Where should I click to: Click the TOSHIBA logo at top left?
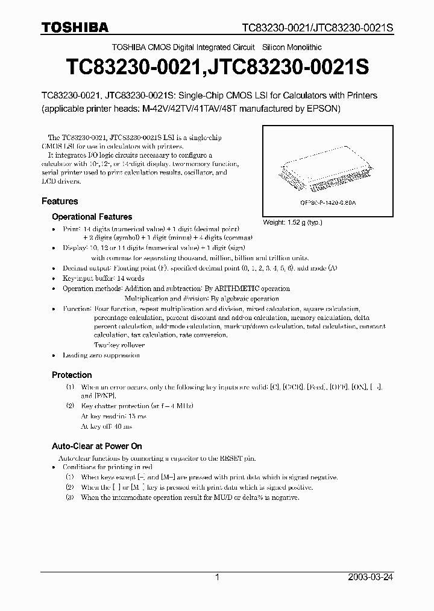point(75,27)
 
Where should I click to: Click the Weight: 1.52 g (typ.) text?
point(292,222)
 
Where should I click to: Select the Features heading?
point(60,201)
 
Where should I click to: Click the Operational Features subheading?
point(92,216)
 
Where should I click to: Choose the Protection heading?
point(72,374)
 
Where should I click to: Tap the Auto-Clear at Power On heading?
point(96,446)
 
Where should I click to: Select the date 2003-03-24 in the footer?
point(370,577)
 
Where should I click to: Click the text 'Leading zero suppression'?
point(101,355)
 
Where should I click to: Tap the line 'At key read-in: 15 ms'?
point(113,417)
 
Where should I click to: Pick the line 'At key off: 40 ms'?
point(107,426)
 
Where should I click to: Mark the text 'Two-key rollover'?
point(119,345)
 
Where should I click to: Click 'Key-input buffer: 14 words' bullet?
point(103,278)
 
